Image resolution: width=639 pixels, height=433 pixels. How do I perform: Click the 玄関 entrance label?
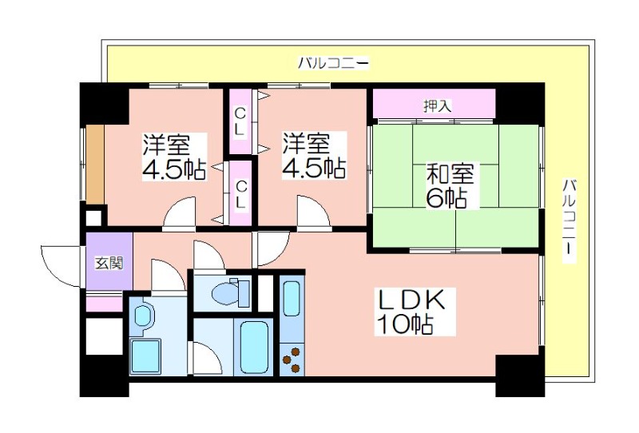(109, 263)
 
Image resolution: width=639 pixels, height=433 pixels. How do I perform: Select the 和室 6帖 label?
(450, 185)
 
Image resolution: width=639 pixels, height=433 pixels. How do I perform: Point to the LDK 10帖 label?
(411, 312)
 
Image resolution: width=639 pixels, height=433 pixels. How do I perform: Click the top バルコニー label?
(333, 63)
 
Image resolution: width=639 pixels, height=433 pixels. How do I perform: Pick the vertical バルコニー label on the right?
(570, 220)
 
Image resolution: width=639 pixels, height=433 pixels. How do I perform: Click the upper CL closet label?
(240, 121)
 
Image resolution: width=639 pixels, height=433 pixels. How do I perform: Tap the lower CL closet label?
(241, 195)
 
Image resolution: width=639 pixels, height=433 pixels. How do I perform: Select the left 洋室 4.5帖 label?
(174, 156)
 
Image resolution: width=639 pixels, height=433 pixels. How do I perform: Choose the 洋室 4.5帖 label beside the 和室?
(314, 155)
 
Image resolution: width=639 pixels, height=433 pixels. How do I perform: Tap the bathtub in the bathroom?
(255, 348)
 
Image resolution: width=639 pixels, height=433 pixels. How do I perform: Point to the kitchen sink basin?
(292, 299)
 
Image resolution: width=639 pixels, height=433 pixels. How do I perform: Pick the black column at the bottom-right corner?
(520, 376)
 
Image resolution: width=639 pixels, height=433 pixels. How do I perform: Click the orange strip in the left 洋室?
(94, 164)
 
